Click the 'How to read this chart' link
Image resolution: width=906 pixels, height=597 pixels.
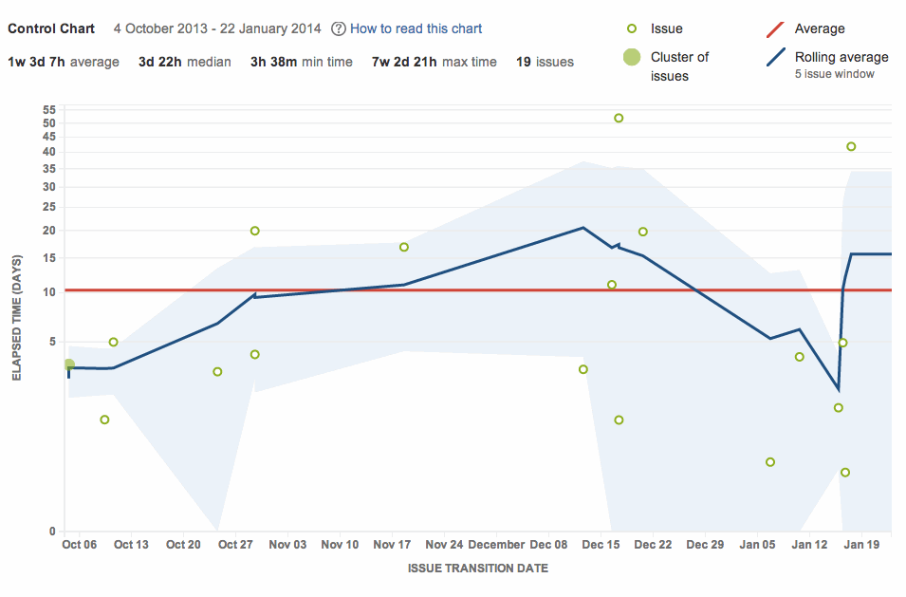416,28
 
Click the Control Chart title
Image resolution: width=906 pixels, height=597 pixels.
51,28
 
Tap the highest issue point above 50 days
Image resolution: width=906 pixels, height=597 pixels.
619,119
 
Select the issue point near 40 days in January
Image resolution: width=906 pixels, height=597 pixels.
851,146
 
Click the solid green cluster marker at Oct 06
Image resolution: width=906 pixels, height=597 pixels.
68,364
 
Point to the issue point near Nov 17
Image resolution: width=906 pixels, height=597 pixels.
404,247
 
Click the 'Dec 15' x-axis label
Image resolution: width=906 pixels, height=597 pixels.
601,545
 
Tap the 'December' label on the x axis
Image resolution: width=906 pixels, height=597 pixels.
496,545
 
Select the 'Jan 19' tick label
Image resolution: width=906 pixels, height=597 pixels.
861,545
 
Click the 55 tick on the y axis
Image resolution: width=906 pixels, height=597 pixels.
50,110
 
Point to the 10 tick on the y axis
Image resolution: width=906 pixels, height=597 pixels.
50,291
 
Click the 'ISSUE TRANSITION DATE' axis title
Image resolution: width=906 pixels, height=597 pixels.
477,569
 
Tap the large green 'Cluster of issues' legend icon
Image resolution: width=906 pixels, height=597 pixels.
631,58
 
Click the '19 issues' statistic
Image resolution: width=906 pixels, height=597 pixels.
545,63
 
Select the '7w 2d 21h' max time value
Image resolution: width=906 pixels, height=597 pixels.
404,63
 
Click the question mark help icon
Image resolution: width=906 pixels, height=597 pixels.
339,29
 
